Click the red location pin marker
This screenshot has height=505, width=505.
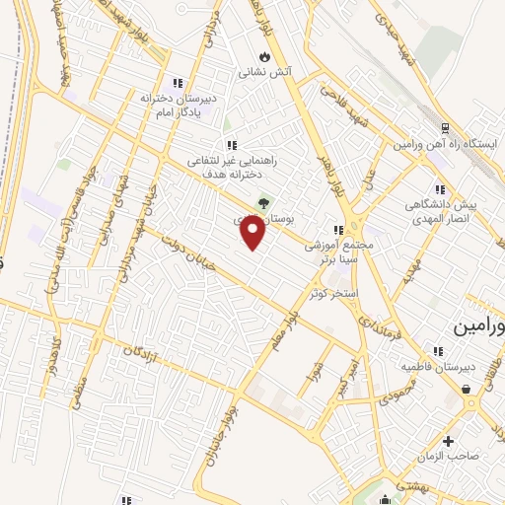253,232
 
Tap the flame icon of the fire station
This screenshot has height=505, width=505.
263,55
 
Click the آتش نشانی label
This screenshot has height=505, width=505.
263,72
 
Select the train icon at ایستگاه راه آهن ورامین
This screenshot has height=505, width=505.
446,128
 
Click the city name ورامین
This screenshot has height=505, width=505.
480,325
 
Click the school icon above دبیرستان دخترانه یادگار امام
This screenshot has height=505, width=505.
178,83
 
